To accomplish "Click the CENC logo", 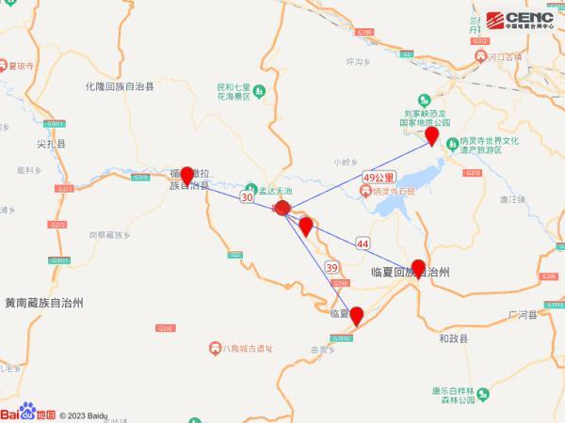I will point(523,18).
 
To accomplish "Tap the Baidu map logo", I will point(28,413).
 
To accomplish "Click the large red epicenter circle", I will point(282,209).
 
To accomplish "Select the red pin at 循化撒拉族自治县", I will point(186,175).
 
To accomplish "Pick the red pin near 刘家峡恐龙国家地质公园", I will point(432,137).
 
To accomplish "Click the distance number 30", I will point(247,198).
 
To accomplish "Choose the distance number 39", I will point(331,268).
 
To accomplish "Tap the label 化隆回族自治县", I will point(119,86).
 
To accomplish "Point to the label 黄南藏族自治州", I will point(44,303).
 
